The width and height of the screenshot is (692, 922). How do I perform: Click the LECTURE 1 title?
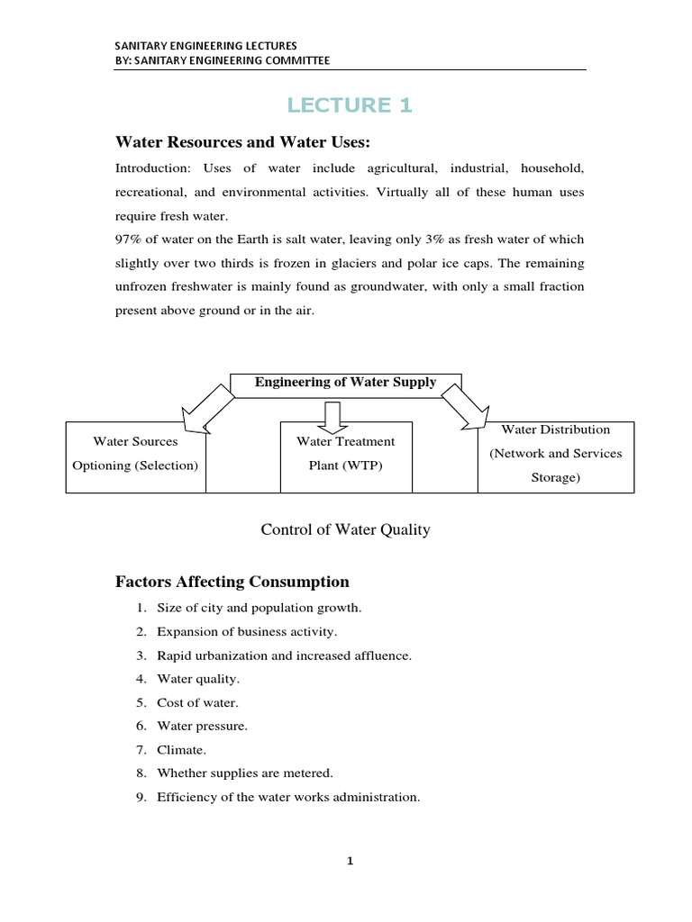349,105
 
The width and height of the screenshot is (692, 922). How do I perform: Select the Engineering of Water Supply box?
345,384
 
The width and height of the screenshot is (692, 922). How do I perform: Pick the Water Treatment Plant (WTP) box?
345,454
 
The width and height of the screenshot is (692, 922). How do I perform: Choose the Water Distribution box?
555,454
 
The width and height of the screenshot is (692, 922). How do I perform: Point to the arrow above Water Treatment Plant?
332,415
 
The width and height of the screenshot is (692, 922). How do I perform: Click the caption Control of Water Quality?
345,529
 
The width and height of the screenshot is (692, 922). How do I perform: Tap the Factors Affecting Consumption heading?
232,582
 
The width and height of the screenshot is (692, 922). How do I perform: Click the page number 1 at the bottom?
351,861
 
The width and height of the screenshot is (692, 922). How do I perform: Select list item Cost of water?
197,702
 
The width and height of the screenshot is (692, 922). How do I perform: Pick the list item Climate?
183,749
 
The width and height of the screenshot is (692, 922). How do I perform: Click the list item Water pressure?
202,726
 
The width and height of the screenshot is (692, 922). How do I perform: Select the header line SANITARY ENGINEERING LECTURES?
206,44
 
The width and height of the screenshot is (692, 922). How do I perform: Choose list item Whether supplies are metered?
244,773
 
